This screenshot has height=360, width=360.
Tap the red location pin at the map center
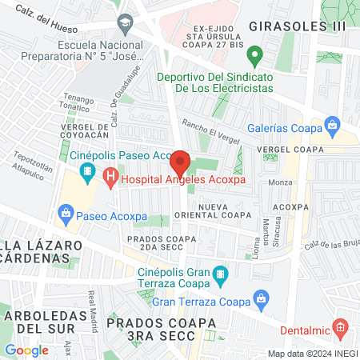(x=180, y=163)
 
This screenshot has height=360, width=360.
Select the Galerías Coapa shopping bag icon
(x=334, y=124)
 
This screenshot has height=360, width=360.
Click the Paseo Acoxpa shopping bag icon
(x=66, y=213)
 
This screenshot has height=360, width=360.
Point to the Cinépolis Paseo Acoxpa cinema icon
(x=87, y=171)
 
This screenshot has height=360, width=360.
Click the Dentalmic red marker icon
(x=340, y=327)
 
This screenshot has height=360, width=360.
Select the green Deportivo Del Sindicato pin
(x=255, y=57)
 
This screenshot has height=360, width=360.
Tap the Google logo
(x=26, y=350)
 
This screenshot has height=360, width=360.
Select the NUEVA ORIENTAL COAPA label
(x=219, y=210)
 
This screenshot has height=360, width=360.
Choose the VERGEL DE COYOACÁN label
(x=78, y=130)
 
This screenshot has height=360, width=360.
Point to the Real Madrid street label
(x=96, y=306)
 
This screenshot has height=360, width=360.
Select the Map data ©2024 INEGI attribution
(x=311, y=354)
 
